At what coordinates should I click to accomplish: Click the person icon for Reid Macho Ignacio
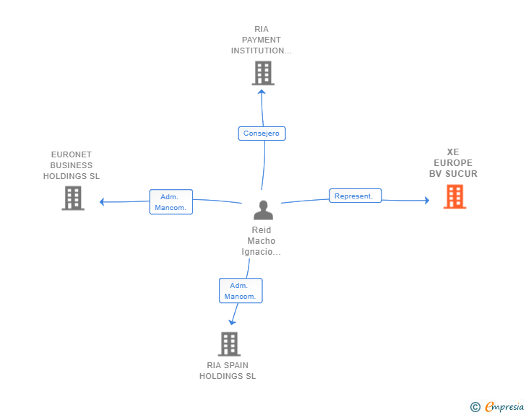(263, 210)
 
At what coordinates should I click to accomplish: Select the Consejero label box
(262, 134)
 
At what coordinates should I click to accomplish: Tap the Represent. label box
(355, 196)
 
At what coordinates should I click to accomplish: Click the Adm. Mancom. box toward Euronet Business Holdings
(171, 202)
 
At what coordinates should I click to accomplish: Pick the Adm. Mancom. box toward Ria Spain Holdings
(241, 291)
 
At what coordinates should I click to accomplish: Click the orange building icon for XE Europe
(455, 197)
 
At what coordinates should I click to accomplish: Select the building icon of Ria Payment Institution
(263, 73)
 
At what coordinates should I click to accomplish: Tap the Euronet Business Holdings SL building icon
(73, 198)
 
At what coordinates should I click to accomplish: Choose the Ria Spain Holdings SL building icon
(230, 344)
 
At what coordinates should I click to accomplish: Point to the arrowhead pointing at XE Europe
(427, 201)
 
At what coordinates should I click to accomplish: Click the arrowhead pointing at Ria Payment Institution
(262, 92)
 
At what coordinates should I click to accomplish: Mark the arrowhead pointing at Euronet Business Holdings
(102, 202)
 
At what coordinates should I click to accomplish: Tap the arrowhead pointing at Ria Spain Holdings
(232, 323)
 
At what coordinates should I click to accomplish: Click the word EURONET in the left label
(72, 154)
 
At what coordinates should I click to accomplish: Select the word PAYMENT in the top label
(262, 40)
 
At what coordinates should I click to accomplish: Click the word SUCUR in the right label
(461, 174)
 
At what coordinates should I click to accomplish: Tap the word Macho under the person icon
(262, 241)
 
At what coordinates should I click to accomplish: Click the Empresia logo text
(504, 407)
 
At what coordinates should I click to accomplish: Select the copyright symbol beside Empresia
(475, 407)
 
